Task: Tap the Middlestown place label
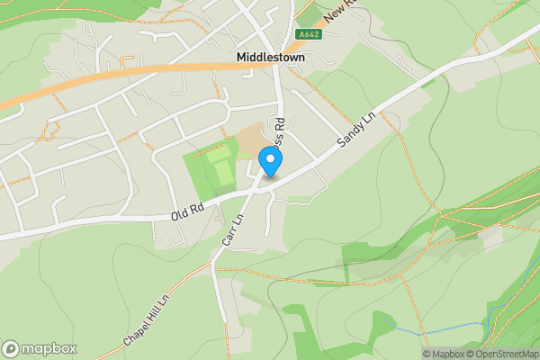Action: (x=270, y=57)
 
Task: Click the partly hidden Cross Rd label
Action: (x=280, y=133)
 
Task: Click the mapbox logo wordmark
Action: (x=48, y=349)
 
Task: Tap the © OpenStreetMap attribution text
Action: (x=502, y=354)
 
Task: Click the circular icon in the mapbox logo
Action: (x=11, y=349)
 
